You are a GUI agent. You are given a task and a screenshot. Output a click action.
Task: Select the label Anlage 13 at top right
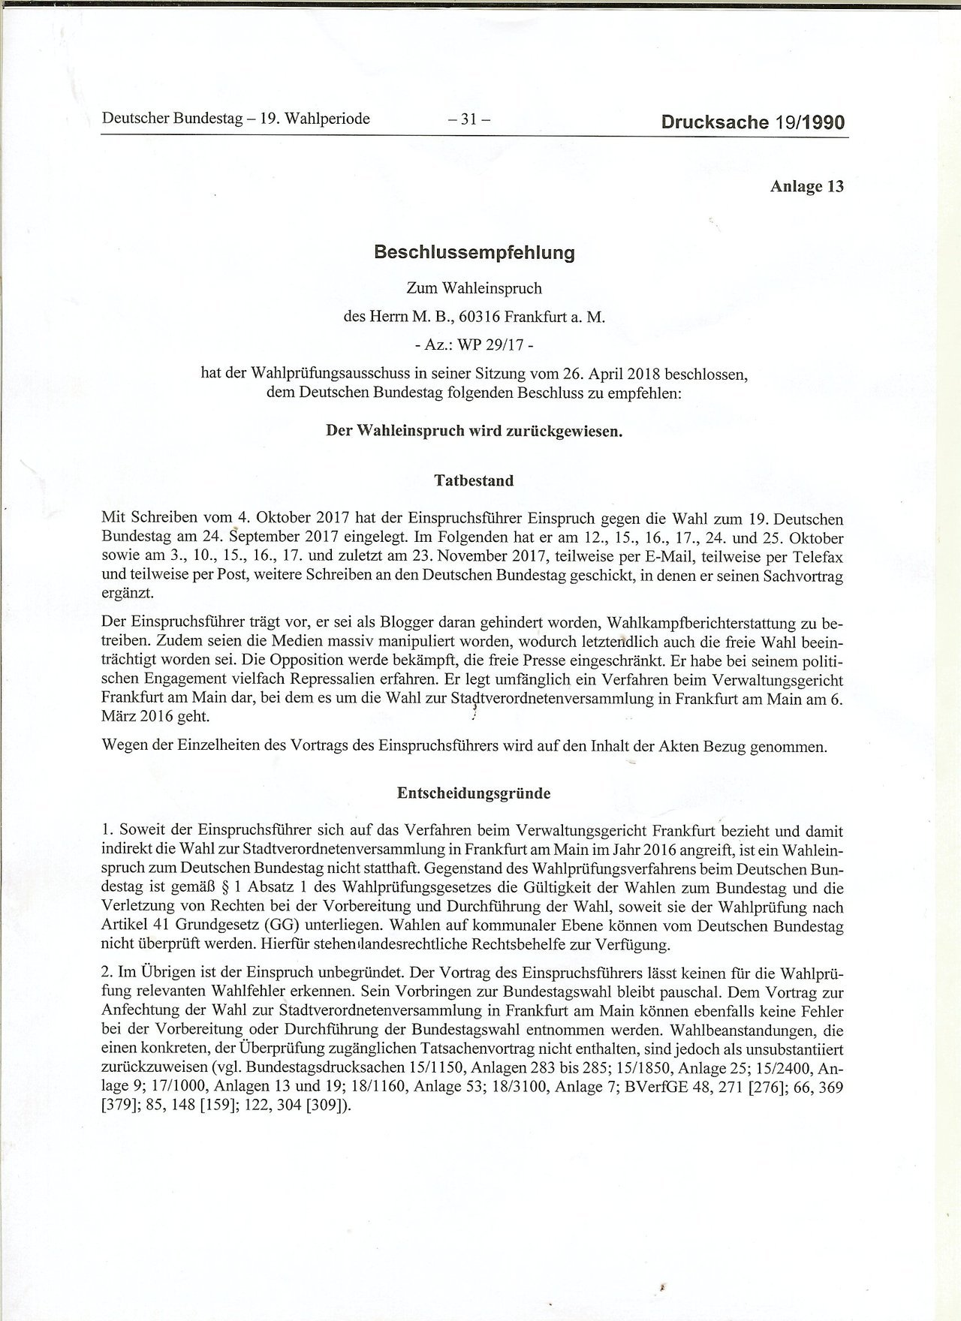806,187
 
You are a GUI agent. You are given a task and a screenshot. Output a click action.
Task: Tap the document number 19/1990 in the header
806,122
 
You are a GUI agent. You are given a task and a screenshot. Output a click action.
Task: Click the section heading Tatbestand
474,481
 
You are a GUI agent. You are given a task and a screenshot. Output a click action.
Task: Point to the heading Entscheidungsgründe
474,793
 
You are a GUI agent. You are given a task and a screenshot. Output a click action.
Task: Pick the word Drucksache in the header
712,122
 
